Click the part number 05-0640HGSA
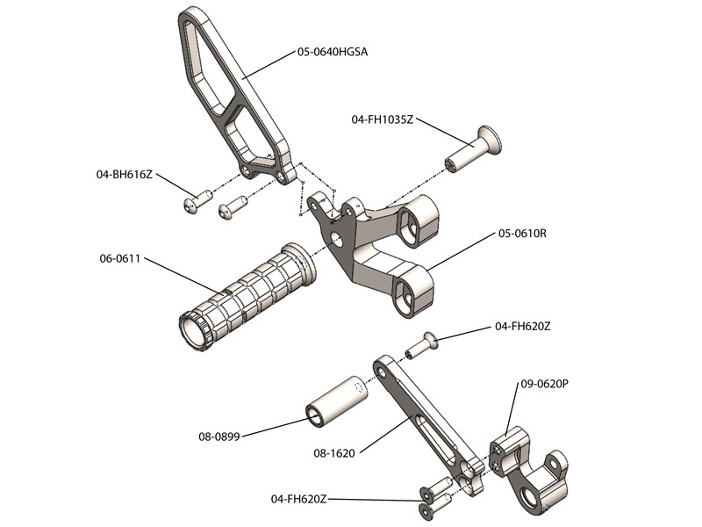pyautogui.click(x=333, y=52)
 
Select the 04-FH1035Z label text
pyautogui.click(x=382, y=119)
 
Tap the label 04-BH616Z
pyautogui.click(x=125, y=175)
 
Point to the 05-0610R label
pyautogui.click(x=523, y=234)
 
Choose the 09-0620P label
pyautogui.click(x=545, y=384)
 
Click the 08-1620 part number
pyautogui.click(x=333, y=454)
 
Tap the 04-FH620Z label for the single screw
pyautogui.click(x=523, y=326)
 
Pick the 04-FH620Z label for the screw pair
pyautogui.click(x=299, y=499)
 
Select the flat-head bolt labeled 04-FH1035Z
pyautogui.click(x=475, y=148)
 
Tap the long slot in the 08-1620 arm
pyautogui.click(x=427, y=418)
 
